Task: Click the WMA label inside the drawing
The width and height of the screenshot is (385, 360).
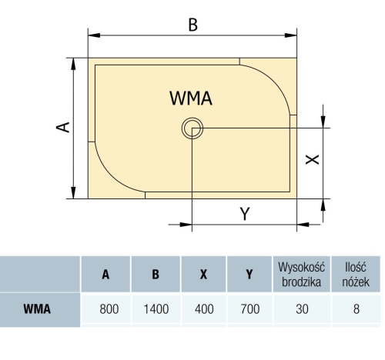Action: coord(191,98)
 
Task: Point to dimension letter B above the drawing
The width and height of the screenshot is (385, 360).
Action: coord(193,25)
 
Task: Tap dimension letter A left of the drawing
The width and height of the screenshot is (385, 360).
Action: coord(63,127)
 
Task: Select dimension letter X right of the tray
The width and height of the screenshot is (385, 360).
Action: coord(312,159)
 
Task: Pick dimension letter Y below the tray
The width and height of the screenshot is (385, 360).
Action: coord(245,214)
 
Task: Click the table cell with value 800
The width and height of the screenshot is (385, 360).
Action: coord(109,309)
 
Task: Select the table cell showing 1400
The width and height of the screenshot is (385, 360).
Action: coord(156,309)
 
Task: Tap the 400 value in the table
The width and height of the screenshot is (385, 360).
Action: coord(204,309)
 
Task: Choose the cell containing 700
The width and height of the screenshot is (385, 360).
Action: coord(250,309)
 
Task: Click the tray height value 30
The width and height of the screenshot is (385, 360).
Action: coord(302,309)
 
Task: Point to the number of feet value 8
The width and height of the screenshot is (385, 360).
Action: coord(357,309)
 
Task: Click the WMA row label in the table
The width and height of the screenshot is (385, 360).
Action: coord(37,309)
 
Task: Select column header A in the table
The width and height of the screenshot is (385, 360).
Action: coord(105,275)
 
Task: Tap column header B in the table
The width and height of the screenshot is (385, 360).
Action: coord(156,275)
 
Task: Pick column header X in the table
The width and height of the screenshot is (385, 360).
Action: coord(203,275)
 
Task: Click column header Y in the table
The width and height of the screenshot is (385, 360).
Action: coord(249,275)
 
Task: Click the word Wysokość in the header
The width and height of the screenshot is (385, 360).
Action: coord(302,267)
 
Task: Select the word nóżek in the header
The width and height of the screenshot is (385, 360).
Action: coord(356,282)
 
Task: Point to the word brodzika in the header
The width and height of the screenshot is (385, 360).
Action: coord(302,282)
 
